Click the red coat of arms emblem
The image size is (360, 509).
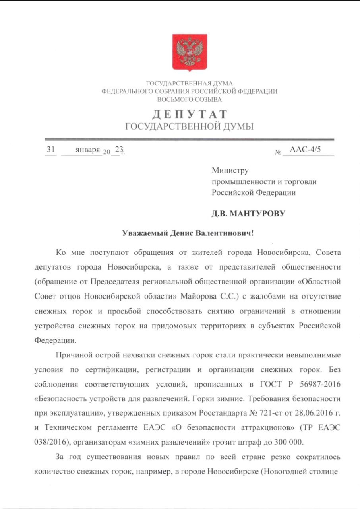[189, 52]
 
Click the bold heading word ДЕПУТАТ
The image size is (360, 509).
[189, 114]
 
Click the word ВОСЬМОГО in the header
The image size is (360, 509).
[173, 99]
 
